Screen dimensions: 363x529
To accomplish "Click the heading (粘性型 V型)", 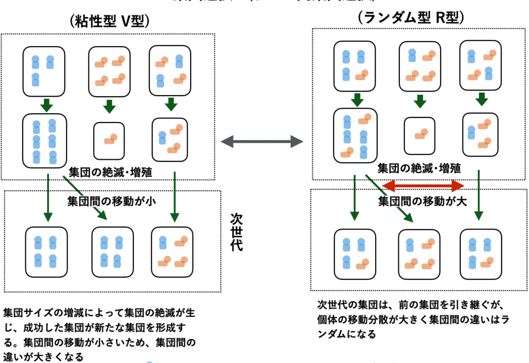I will click(108, 21).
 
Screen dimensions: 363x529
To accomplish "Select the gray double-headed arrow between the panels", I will click(261, 141).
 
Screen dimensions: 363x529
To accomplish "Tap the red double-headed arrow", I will click(424, 185).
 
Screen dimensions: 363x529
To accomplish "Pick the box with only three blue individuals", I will click(43, 70).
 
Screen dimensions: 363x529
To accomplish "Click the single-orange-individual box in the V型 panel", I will click(109, 140).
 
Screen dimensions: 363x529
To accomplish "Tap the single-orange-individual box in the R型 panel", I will click(419, 135).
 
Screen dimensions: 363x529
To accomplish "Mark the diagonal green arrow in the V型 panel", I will click(85, 198).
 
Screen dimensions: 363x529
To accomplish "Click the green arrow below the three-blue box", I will click(46, 105).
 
